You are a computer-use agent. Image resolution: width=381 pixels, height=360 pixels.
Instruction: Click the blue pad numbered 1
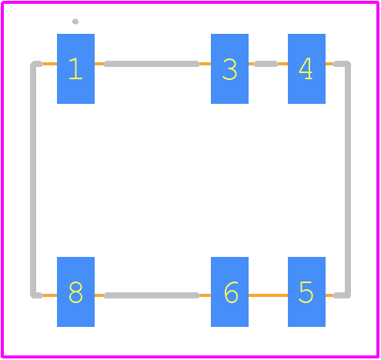pos(75,68)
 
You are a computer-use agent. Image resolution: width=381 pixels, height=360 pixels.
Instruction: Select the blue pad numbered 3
pos(229,68)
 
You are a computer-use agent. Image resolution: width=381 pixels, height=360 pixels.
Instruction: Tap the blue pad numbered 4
pos(306,68)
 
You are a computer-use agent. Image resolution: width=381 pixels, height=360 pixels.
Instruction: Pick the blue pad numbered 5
pos(306,292)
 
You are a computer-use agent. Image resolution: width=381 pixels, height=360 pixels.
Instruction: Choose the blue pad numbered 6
pos(229,292)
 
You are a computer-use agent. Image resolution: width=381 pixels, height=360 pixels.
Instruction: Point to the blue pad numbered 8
pos(75,292)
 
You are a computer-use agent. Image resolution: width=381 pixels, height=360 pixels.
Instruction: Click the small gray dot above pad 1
pos(75,22)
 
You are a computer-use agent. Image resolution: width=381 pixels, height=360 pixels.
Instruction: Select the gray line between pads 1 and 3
pos(152,64)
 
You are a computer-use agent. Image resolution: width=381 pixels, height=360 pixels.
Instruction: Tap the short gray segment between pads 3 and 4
pos(266,64)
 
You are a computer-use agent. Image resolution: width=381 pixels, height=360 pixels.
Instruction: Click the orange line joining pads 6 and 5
pos(268,295)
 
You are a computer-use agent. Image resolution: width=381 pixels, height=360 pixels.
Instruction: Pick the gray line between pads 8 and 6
pos(152,295)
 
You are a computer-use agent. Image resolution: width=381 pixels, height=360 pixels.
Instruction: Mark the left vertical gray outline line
pos(33,179)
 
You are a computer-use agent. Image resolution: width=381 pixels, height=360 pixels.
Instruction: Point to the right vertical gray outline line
pos(348,179)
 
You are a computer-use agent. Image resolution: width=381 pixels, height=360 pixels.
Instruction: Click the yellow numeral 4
pos(306,68)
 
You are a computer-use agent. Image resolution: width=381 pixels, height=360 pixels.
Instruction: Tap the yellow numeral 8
pos(75,292)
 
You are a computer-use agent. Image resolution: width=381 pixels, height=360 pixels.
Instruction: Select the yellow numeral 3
pos(229,69)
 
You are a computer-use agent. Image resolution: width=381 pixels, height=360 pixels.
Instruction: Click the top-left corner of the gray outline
pos(33,64)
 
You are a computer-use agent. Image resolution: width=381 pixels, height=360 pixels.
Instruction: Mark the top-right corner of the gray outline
pos(348,64)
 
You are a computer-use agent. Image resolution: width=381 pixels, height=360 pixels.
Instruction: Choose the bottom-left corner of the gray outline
pos(33,295)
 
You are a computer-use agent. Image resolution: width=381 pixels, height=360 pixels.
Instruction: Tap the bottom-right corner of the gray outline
pos(348,295)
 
